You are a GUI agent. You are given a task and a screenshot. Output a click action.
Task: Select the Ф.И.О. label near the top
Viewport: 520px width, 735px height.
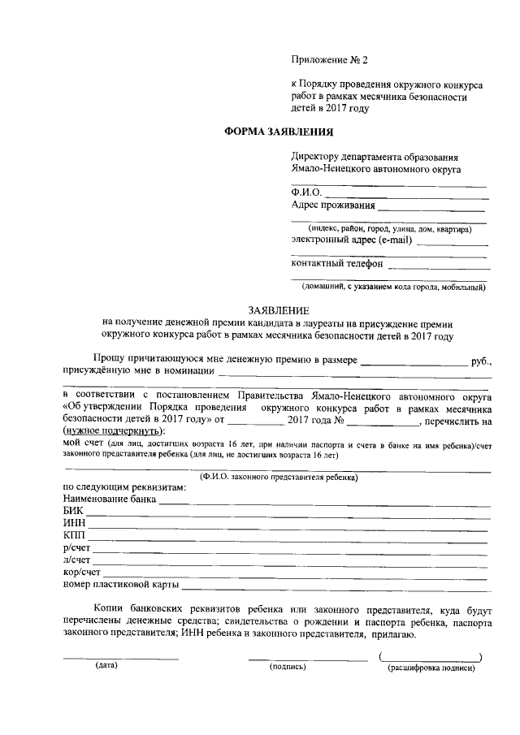pyautogui.click(x=306, y=192)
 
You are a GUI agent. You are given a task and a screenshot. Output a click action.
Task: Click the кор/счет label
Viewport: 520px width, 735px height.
pyautogui.click(x=82, y=572)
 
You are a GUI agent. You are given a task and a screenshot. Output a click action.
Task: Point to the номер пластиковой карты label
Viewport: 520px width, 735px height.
pyautogui.click(x=120, y=584)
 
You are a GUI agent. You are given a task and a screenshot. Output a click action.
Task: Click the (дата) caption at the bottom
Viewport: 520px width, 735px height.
pyautogui.click(x=106, y=666)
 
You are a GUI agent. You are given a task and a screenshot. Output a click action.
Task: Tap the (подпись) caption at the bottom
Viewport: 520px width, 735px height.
pyautogui.click(x=287, y=667)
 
